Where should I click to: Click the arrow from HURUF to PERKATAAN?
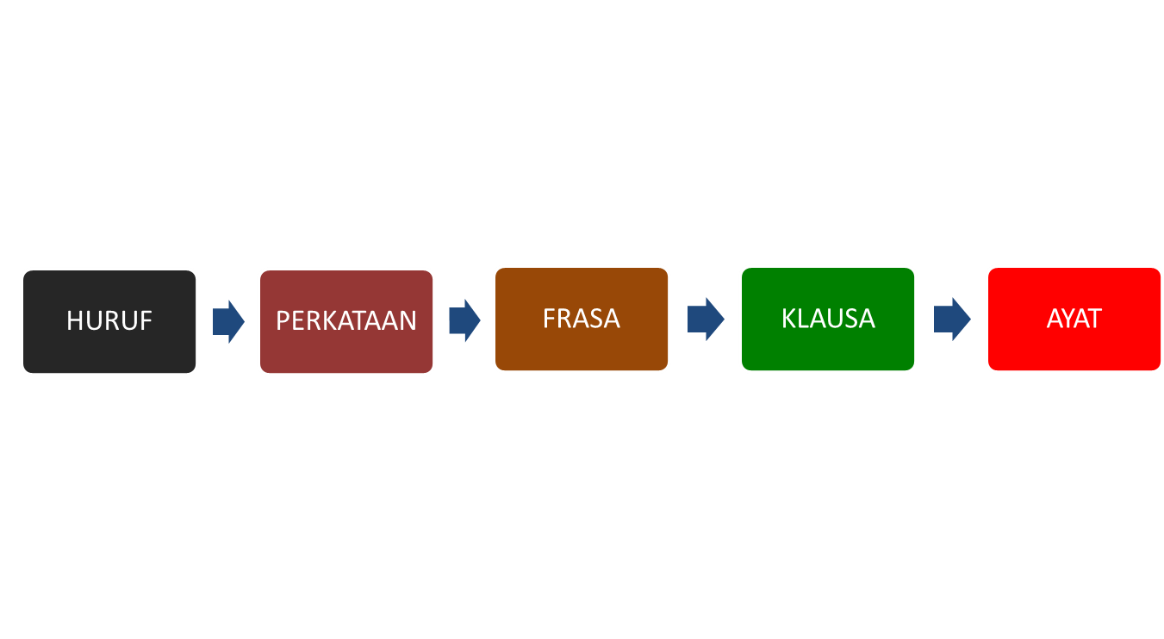click(228, 321)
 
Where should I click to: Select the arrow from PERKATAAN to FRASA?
click(464, 320)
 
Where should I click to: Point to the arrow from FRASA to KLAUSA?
click(706, 319)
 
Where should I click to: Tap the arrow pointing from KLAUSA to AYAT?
click(952, 319)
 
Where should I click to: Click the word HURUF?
click(109, 321)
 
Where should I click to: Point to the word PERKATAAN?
click(346, 321)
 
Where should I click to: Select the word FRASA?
click(582, 319)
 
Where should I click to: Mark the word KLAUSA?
click(828, 319)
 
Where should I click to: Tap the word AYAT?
click(1074, 319)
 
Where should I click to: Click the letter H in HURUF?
click(74, 321)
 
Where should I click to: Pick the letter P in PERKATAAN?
click(283, 321)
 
